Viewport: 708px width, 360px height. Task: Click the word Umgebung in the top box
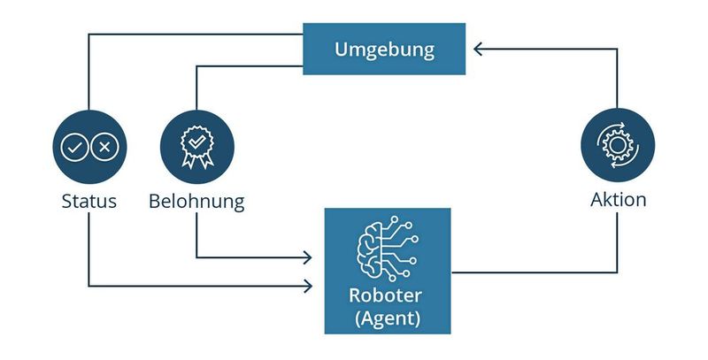coord(384,49)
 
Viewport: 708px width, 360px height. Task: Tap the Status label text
coord(88,201)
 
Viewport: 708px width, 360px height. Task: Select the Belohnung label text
coord(196,201)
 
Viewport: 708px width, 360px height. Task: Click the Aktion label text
coord(618,200)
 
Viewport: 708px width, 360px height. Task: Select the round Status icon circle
coord(89,146)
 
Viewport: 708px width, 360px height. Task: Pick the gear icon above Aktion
coord(618,145)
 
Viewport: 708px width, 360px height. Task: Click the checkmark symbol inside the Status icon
coord(75,147)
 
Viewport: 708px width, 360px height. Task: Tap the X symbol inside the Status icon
coord(104,147)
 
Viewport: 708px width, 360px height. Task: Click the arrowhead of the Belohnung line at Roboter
coord(308,257)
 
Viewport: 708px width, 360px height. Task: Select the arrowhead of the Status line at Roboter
coord(308,286)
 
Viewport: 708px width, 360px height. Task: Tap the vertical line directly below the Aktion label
coord(618,243)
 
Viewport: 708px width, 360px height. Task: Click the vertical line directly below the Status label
coord(89,248)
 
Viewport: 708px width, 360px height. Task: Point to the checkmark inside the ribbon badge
coord(196,141)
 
